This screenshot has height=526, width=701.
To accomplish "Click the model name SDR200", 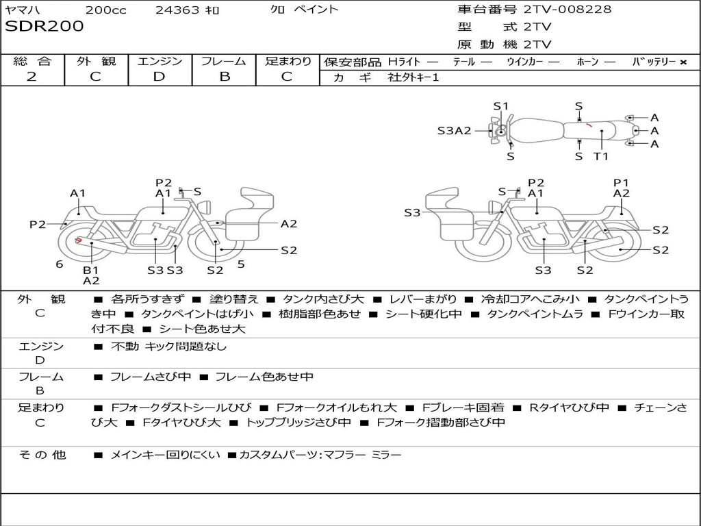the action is (x=44, y=27).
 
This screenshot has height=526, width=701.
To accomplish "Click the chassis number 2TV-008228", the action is (x=568, y=10).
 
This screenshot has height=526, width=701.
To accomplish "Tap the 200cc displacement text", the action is (x=106, y=10).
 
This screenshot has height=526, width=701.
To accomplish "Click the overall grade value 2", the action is (x=31, y=77).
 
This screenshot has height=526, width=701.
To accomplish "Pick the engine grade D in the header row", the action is (x=159, y=77).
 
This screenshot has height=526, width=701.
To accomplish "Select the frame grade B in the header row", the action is (x=225, y=77).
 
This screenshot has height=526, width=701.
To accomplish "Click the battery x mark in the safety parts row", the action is (x=683, y=62).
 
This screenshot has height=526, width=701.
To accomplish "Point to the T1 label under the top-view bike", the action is (x=601, y=156).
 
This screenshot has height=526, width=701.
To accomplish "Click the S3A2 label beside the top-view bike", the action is (x=455, y=131).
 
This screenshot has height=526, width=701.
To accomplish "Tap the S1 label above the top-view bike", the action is (x=501, y=106).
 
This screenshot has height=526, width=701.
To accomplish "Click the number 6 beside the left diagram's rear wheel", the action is (x=60, y=264).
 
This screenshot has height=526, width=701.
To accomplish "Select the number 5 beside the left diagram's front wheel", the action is (x=242, y=264).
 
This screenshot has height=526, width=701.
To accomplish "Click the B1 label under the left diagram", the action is (x=91, y=270).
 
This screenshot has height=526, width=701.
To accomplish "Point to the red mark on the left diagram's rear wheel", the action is (x=78, y=240).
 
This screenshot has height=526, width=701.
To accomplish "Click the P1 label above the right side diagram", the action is (x=621, y=182).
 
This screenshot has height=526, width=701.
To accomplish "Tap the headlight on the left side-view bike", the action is (x=205, y=208).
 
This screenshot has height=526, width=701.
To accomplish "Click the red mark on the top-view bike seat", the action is (x=589, y=125).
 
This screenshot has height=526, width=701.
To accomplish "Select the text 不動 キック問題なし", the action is (x=168, y=346).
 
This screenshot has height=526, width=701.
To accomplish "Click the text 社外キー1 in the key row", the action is (x=413, y=77).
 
